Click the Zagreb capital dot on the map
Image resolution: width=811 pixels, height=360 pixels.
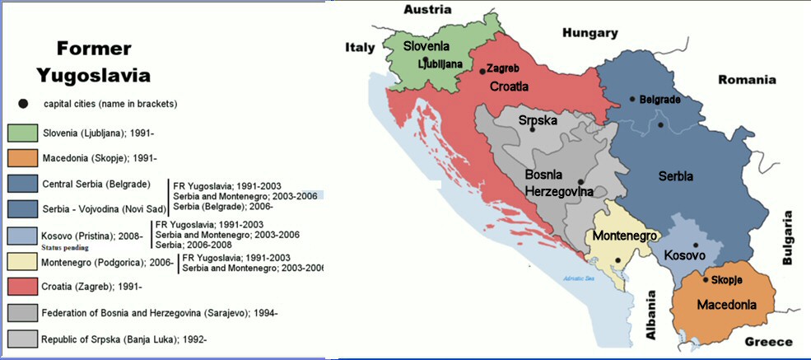click(482, 72)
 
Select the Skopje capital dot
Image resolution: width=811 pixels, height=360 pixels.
click(706, 279)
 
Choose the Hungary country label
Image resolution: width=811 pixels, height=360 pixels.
click(590, 33)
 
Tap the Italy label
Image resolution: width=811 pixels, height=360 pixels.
click(359, 49)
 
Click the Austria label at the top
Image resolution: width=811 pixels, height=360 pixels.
click(427, 9)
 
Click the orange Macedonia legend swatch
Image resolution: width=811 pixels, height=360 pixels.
click(20, 158)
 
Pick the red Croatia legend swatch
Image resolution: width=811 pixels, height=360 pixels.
click(20, 287)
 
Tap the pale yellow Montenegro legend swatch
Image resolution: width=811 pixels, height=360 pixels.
click(20, 262)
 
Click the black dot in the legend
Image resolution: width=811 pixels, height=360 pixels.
click(23, 104)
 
